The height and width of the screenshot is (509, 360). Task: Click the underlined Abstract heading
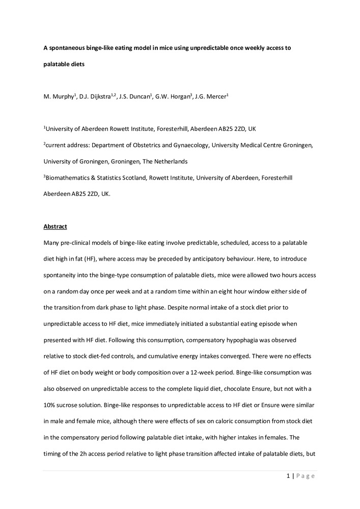(56, 227)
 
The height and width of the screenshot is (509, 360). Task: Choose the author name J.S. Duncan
(135, 96)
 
